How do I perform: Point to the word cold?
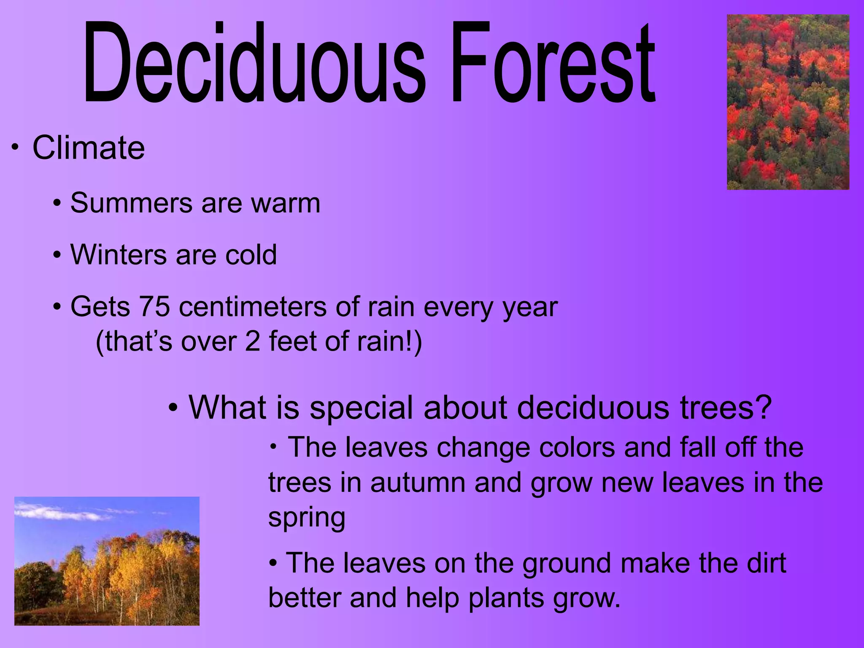[x=251, y=255]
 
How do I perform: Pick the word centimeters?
[x=253, y=307]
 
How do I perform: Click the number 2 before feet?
[x=252, y=341]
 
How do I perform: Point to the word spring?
[x=307, y=518]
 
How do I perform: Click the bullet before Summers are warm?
[x=57, y=204]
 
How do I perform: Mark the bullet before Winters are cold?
[x=57, y=255]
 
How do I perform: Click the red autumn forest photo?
[x=788, y=102]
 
